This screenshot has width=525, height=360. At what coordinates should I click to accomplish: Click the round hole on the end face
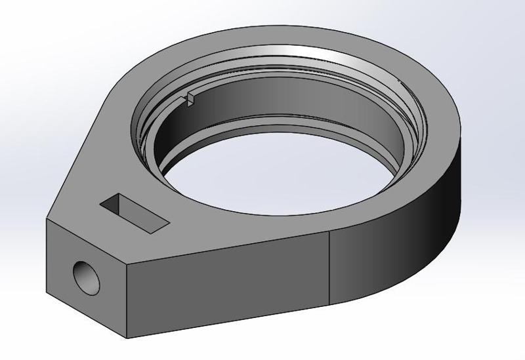tap(87, 276)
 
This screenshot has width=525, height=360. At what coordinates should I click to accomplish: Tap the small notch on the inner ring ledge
tap(189, 98)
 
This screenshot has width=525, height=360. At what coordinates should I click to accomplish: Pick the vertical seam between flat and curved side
tap(329, 269)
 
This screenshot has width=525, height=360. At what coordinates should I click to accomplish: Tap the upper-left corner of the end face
tap(46, 221)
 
